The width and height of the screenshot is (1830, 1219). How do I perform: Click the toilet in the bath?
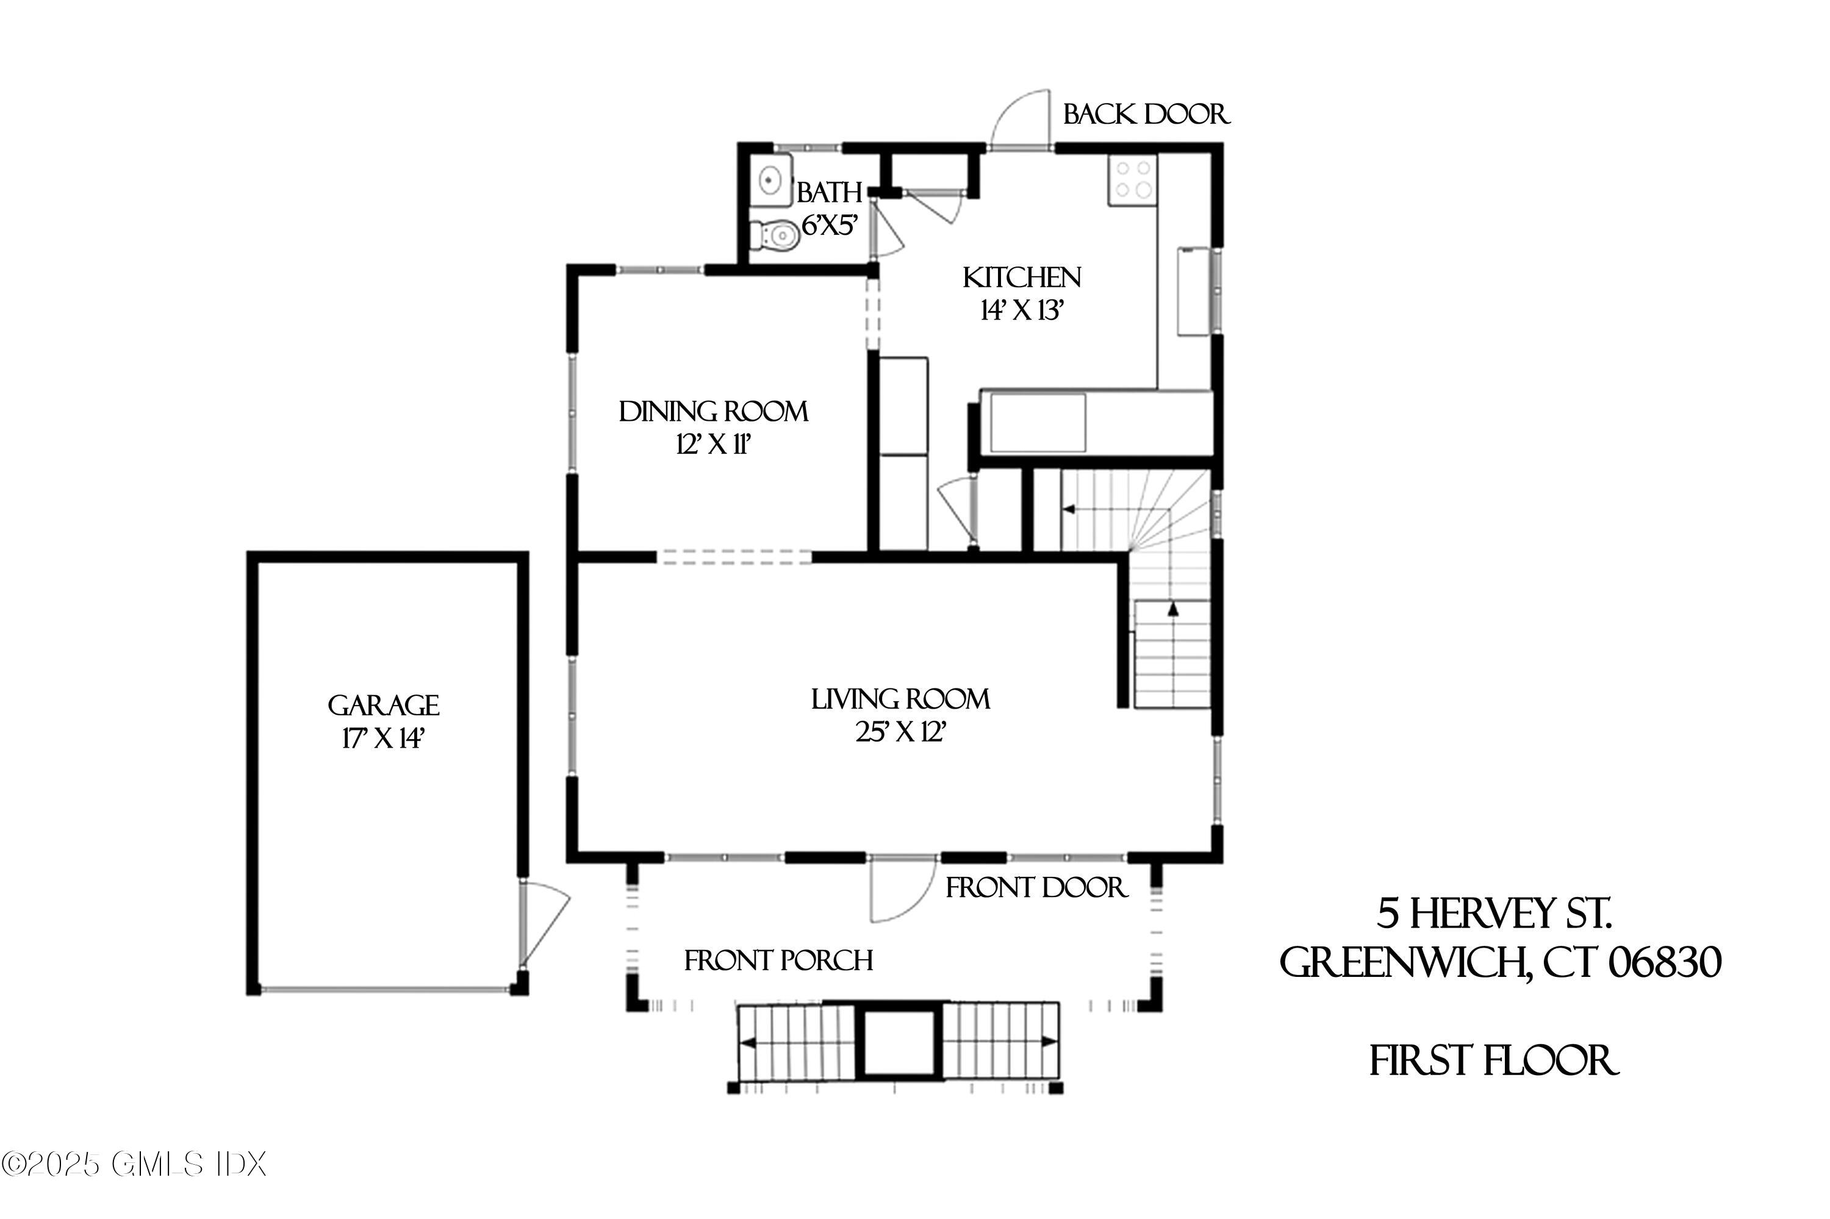(775, 235)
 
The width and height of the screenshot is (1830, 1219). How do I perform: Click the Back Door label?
(1146, 115)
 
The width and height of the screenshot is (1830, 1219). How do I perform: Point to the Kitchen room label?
(1021, 277)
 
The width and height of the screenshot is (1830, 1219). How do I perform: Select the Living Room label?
(900, 699)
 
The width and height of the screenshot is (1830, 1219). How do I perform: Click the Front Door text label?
(1035, 887)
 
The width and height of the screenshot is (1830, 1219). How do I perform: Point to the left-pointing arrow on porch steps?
(749, 1043)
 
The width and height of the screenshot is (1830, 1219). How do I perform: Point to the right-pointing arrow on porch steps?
(1049, 1041)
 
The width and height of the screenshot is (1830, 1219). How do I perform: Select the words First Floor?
(1493, 1061)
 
